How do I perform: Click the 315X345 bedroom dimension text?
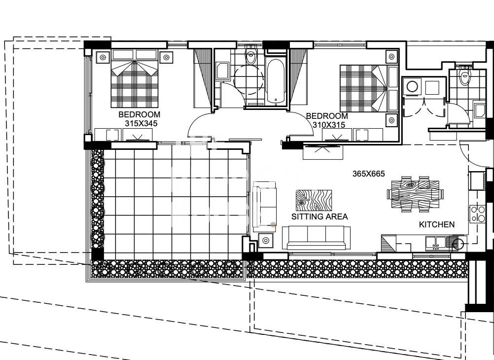[x=141, y=123]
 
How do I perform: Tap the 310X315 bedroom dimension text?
[x=329, y=125]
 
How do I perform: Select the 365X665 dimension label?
[x=369, y=174]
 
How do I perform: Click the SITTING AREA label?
[x=319, y=216]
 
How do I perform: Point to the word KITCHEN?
[x=437, y=224]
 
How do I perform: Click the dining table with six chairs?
[x=415, y=194]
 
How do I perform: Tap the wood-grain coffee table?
[x=314, y=200]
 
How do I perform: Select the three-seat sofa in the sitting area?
[x=316, y=238]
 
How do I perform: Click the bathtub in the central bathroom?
[x=276, y=80]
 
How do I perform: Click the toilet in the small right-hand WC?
[x=464, y=74]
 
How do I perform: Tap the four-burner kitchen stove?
[x=478, y=214]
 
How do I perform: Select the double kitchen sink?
[x=435, y=243]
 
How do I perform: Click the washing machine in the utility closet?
[x=412, y=86]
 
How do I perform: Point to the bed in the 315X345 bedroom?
[x=135, y=78]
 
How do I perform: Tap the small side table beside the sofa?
[x=266, y=241]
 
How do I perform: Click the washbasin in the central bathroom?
[x=223, y=71]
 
